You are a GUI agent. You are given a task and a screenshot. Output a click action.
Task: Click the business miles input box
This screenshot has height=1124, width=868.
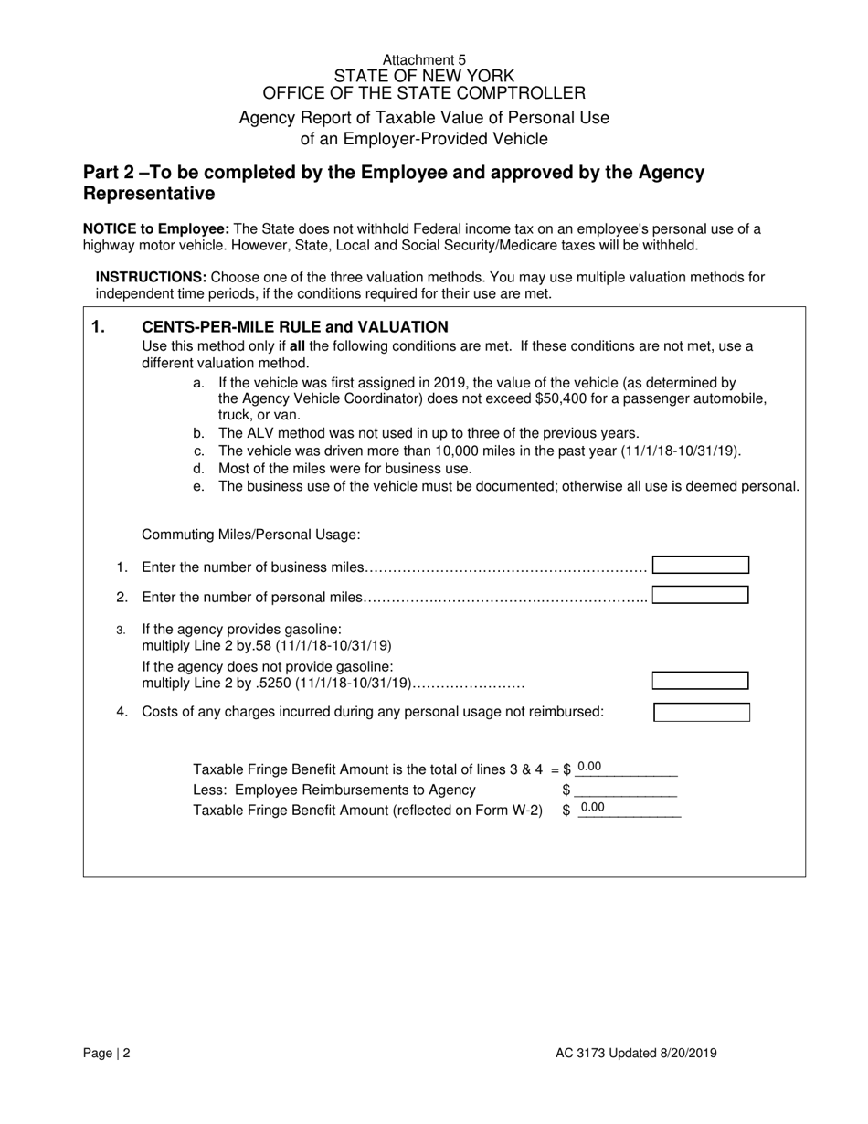tap(701, 566)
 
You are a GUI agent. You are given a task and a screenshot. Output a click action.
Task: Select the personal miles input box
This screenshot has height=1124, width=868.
tap(701, 595)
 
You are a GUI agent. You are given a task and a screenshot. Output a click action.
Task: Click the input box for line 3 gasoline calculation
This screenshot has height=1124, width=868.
tap(700, 681)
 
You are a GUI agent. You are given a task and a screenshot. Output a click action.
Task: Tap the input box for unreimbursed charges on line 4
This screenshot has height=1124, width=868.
tap(702, 712)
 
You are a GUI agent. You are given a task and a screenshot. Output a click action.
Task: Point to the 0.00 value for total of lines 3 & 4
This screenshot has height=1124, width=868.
tap(590, 768)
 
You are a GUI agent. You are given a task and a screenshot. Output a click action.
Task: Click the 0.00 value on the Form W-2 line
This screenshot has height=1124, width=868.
tap(593, 808)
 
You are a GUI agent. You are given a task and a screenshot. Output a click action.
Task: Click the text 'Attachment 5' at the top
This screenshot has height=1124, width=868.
tap(424, 59)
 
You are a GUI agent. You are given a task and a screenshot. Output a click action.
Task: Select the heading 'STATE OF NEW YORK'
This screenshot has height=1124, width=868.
tap(424, 76)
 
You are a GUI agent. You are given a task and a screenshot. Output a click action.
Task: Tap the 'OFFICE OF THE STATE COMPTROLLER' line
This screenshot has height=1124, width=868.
tap(424, 93)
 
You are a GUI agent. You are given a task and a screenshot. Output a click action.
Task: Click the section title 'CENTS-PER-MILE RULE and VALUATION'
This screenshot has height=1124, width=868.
tap(295, 327)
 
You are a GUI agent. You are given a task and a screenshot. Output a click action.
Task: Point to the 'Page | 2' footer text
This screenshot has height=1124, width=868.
tap(107, 1053)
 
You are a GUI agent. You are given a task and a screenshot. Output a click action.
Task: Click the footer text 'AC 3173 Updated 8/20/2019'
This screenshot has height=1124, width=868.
tap(636, 1053)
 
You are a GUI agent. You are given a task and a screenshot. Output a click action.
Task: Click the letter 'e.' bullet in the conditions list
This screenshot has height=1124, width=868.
tap(199, 486)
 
